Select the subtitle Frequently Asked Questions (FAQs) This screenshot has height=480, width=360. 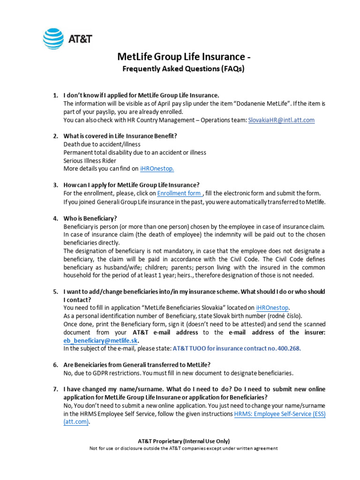184,69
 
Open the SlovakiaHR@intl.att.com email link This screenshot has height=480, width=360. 281,120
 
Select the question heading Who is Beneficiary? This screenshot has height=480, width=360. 90,218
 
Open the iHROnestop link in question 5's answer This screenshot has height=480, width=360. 273,307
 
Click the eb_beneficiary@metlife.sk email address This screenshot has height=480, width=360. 101,340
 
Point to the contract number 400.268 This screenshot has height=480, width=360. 289,349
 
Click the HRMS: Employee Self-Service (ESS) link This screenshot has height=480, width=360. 279,414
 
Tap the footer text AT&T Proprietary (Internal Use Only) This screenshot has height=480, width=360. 183,441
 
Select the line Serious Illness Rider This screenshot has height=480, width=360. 90,160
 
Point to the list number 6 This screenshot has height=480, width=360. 55,365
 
